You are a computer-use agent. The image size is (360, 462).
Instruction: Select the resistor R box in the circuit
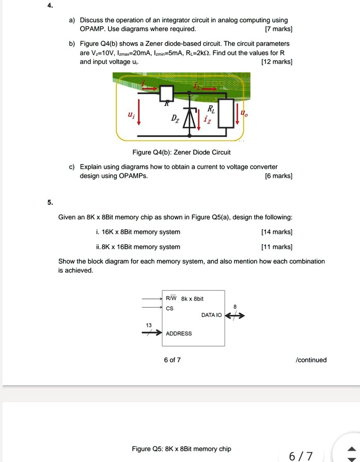pos(166,93)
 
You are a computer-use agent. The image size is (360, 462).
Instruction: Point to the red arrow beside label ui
pos(138,117)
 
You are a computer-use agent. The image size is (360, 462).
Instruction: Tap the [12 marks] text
pos(277,62)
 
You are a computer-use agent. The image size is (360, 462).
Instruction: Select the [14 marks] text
pos(277,232)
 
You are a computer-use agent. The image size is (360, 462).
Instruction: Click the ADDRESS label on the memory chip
pos(179,333)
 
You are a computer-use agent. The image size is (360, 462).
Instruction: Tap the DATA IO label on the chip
pos(211,315)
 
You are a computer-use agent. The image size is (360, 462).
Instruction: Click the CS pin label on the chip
pos(169,309)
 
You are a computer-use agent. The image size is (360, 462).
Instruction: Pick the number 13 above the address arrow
pos(149,325)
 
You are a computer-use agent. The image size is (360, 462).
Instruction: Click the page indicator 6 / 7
pos(301,456)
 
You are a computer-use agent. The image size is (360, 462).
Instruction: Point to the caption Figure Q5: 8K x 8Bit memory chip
pos(181,449)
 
